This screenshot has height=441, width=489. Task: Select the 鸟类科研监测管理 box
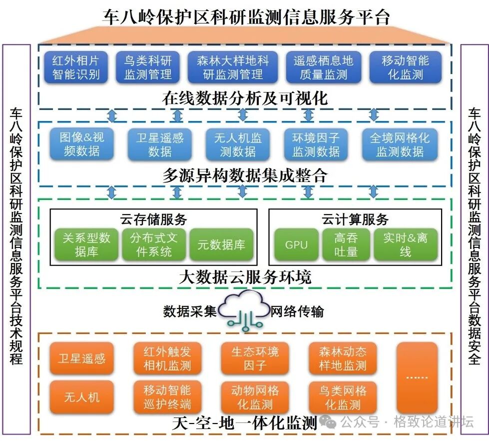coord(147,67)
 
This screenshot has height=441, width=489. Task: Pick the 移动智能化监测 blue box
coord(323,67)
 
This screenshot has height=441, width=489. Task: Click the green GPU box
coord(296,245)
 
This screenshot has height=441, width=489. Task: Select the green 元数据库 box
coord(221,245)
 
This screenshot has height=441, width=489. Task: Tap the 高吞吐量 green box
coord(346,245)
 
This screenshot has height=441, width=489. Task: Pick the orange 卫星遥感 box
coord(82,358)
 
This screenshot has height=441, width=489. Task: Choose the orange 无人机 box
coord(82,397)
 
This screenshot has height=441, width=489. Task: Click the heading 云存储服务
coord(153,219)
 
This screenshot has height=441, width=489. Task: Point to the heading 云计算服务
coord(355,219)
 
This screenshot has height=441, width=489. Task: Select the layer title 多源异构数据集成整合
coord(245,175)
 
